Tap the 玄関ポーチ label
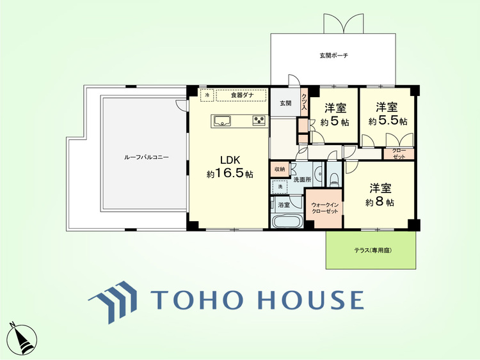point(334,56)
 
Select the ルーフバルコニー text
point(147,157)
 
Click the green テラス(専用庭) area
point(371,250)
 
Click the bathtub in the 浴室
point(287,222)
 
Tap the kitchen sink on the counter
point(223,121)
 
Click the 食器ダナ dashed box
point(241,95)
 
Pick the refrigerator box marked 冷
point(207,95)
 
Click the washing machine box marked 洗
point(280,187)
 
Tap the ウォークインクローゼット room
point(324,208)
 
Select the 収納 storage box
point(279,169)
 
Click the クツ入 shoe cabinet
point(304,102)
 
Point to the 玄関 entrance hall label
point(285,104)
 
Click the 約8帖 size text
point(380,202)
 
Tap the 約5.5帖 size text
point(388,121)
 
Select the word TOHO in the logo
point(198,299)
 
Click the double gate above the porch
point(344,24)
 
